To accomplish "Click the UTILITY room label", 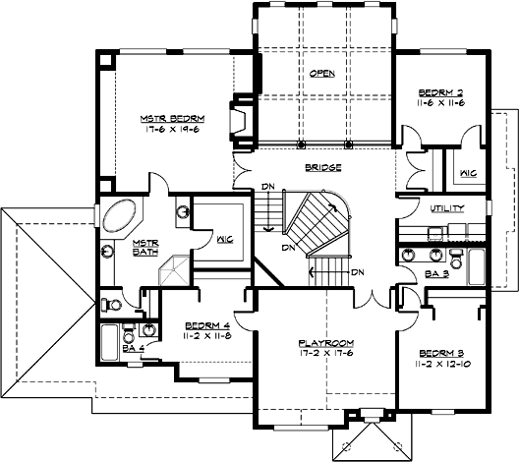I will point(447,208).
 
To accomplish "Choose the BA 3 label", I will point(437,274).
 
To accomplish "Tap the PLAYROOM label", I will point(324,344).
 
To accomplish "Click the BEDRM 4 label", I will point(205,325).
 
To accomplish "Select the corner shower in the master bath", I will point(175,269).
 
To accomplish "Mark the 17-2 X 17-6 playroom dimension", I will point(324,356).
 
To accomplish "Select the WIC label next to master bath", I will point(225,239).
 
